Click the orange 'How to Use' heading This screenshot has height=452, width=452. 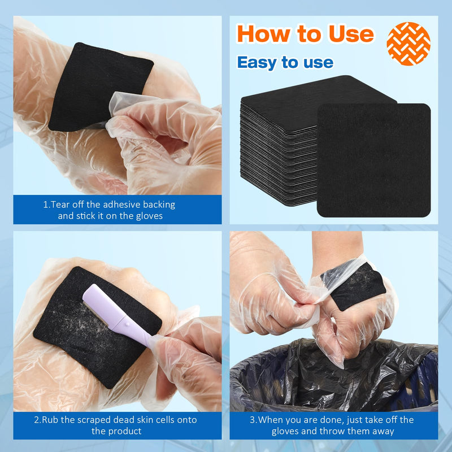(305, 34)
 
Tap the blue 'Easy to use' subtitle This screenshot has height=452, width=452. (285, 62)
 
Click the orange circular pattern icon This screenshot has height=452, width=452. (408, 44)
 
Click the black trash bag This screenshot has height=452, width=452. (333, 379)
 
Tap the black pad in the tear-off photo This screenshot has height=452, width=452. (96, 85)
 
